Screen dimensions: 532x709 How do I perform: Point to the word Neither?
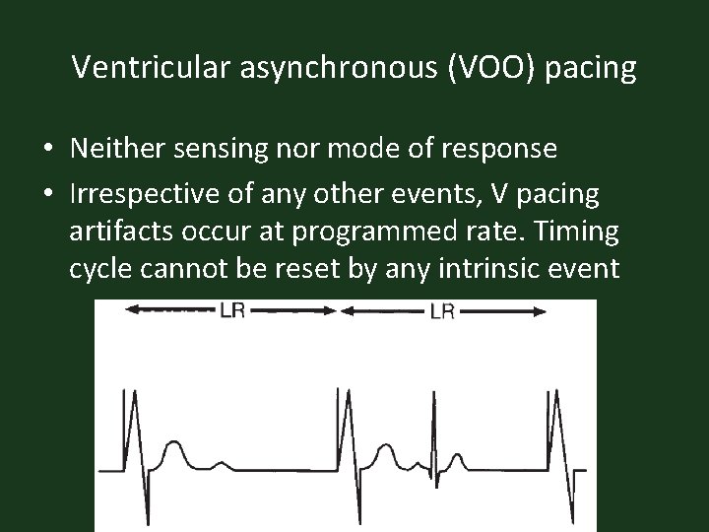click(x=113, y=149)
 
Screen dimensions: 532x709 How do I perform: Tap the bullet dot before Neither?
click(x=47, y=150)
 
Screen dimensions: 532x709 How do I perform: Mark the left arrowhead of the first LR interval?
click(x=125, y=309)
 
